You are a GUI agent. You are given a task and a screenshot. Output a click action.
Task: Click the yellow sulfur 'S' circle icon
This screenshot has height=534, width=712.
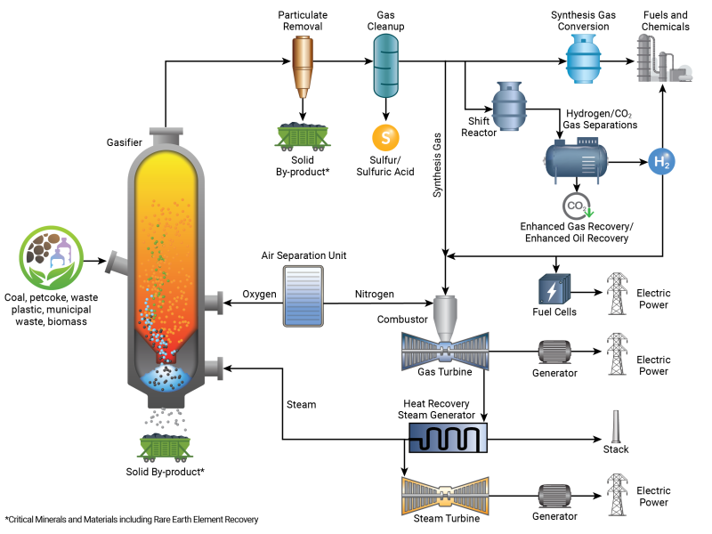tap(385, 138)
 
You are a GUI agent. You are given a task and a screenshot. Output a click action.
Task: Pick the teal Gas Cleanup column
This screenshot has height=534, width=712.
tap(385, 67)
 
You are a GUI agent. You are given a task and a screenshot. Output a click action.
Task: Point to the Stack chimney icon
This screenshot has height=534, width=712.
tap(615, 425)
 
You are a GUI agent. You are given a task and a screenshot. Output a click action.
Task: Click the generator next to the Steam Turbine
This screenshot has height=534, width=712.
tap(561, 492)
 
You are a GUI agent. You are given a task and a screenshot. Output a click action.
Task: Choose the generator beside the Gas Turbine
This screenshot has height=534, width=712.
tap(561, 349)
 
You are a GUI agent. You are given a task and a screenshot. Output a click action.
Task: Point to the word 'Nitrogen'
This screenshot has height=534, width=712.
tap(374, 295)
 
